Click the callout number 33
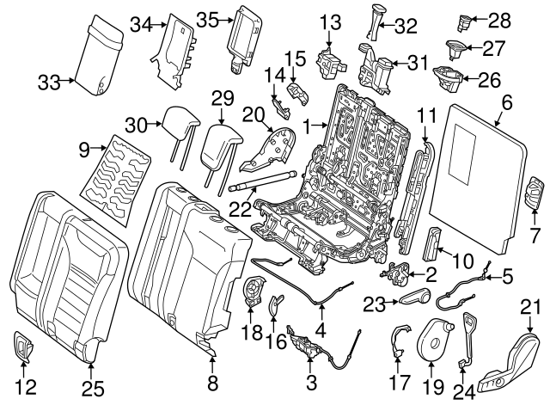(x=49, y=83)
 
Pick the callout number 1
(x=305, y=126)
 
